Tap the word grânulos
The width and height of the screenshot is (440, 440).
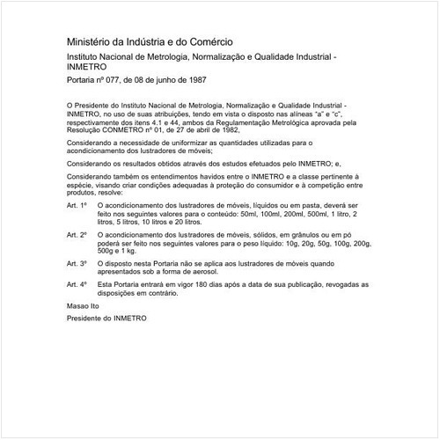coord(295,236)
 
